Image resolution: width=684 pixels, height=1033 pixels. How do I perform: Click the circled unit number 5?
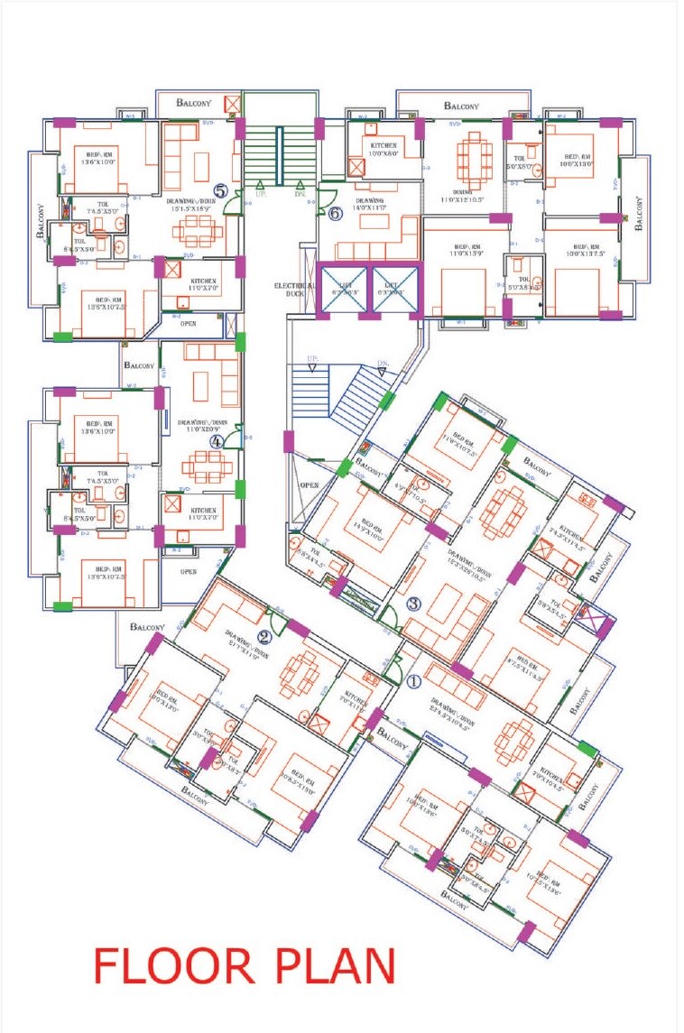coord(219,191)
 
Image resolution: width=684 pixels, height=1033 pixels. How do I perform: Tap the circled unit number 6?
coord(335,214)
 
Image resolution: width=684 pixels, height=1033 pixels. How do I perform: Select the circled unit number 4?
coord(217,441)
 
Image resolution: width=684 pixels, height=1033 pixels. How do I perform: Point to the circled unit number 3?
coord(413,604)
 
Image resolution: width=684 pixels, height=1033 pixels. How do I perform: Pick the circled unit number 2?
coord(266,614)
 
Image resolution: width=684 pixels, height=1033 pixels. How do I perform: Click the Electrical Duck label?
coord(295,291)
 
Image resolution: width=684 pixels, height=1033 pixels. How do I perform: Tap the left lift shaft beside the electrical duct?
coord(341,290)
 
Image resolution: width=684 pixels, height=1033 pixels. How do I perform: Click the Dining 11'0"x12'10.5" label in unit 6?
coord(463,195)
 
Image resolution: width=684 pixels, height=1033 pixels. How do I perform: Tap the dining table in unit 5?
coord(198,232)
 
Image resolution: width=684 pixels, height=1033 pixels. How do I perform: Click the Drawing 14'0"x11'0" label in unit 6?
coord(370,205)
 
